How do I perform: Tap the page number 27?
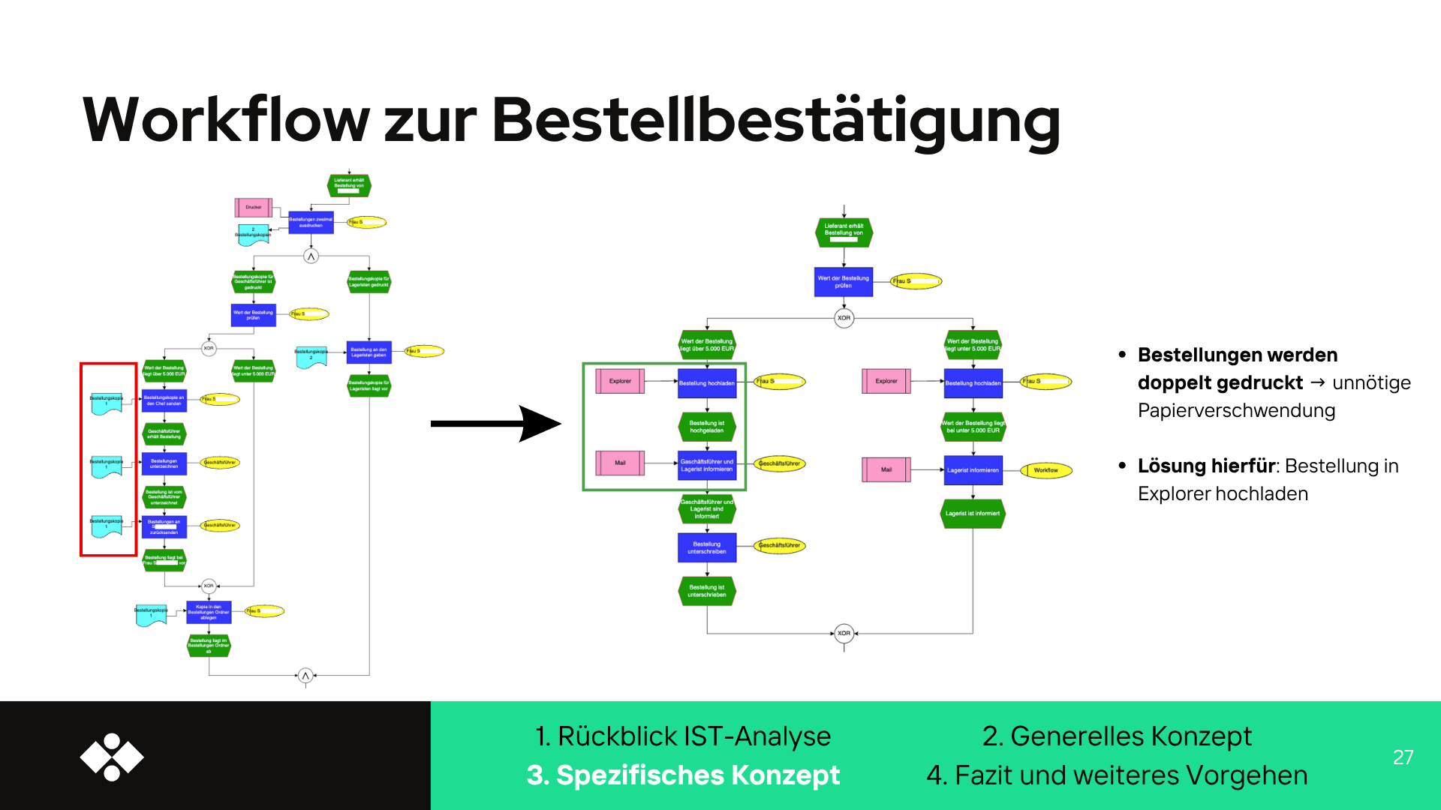pyautogui.click(x=1403, y=757)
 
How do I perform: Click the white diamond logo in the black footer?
pyautogui.click(x=112, y=757)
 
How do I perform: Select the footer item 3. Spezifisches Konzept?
pyautogui.click(x=683, y=775)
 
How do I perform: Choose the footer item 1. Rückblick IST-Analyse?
pyautogui.click(x=683, y=736)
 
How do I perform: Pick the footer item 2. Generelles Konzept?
pyautogui.click(x=1117, y=736)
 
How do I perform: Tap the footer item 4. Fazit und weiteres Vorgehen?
pyautogui.click(x=1117, y=775)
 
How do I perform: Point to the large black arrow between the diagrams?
pyautogui.click(x=495, y=424)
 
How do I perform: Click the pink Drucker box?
pyautogui.click(x=254, y=208)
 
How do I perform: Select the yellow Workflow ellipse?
pyautogui.click(x=1046, y=470)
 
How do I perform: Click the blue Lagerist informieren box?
pyautogui.click(x=973, y=470)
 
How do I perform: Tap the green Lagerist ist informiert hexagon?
pyautogui.click(x=973, y=514)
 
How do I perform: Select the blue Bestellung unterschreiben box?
pyautogui.click(x=707, y=547)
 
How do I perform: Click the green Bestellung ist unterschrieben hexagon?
pyautogui.click(x=707, y=591)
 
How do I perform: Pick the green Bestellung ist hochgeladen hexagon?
pyautogui.click(x=707, y=427)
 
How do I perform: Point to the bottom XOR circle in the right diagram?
pyautogui.click(x=844, y=633)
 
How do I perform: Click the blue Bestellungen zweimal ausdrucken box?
pyautogui.click(x=311, y=223)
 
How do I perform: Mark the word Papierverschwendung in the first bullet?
pyautogui.click(x=1236, y=411)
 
